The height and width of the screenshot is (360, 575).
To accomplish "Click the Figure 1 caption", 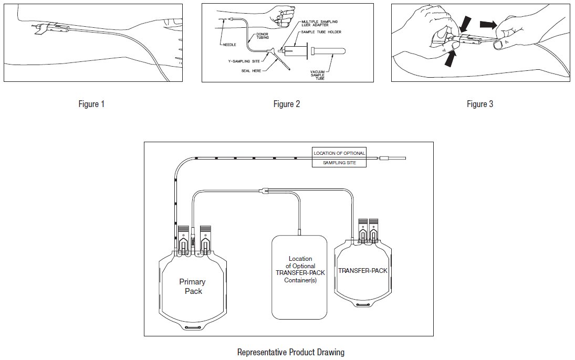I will click(x=91, y=104).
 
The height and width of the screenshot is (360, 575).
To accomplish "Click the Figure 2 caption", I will click(x=287, y=104).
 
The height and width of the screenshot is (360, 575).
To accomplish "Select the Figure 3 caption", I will click(x=480, y=104).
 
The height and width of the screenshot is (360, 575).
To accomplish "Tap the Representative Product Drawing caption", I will click(x=291, y=352).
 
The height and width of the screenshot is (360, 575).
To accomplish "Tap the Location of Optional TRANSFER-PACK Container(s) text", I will click(x=300, y=270).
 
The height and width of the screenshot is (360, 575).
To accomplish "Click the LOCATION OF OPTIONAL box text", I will click(x=338, y=153).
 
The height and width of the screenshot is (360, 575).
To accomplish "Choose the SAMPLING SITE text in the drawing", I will click(x=338, y=163).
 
